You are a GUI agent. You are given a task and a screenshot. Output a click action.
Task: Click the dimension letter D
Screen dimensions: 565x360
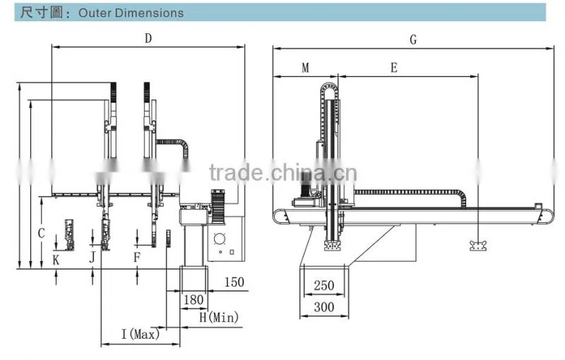(x=148, y=38)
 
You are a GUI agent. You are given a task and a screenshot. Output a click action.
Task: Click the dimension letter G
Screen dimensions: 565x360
(x=413, y=40)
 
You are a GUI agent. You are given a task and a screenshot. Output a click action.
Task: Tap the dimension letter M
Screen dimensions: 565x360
(x=305, y=68)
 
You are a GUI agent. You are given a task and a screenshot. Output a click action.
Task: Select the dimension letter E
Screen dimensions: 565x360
(x=394, y=68)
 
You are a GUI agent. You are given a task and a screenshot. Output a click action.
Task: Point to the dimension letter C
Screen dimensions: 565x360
(x=42, y=233)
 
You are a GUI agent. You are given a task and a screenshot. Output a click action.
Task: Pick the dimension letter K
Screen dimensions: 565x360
(x=56, y=260)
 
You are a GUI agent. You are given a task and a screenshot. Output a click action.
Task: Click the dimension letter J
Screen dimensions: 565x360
(x=93, y=258)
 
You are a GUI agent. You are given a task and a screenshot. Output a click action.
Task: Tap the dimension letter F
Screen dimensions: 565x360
(x=136, y=258)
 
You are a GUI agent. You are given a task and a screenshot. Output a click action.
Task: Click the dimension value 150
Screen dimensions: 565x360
(x=234, y=282)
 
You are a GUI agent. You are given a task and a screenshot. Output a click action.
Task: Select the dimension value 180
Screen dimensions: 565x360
(x=194, y=300)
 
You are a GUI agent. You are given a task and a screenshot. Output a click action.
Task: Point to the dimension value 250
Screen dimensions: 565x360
(x=324, y=286)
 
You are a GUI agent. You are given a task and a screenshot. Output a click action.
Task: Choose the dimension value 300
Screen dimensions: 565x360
(x=324, y=308)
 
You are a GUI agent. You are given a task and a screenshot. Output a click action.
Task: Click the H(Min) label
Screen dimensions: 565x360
(x=219, y=317)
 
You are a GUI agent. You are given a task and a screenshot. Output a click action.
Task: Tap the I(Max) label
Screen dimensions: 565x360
(x=141, y=334)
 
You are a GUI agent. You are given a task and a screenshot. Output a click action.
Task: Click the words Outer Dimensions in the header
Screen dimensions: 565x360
(x=131, y=13)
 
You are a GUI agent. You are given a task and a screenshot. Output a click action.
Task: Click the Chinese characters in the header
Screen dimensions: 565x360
(x=41, y=13)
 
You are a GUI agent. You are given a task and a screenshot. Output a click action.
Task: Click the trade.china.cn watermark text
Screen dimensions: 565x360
(x=283, y=172)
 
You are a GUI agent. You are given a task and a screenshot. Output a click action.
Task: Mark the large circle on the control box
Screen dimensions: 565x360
(x=219, y=239)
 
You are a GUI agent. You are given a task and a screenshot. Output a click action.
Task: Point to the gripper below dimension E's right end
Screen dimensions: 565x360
(x=478, y=246)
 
